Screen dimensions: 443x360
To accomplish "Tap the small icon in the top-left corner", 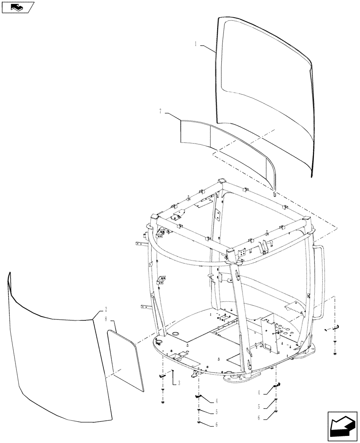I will (x=18, y=7).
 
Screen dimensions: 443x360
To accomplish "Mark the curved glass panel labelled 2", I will (x=58, y=359).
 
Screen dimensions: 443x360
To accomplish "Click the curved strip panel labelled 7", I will (x=222, y=146).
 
